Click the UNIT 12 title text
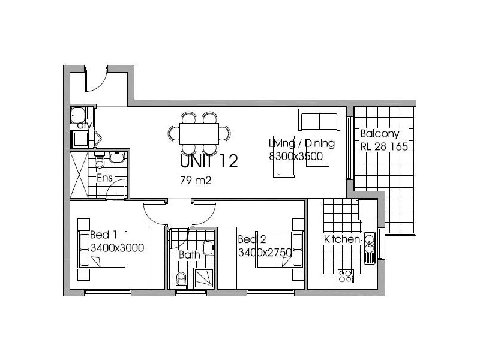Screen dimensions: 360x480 coord(209,161)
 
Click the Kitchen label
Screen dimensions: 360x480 coord(342,239)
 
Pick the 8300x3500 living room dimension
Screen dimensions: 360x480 coord(296,157)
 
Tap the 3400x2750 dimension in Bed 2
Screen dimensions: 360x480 coord(265,253)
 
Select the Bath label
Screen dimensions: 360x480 coord(189,255)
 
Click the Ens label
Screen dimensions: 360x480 coord(104,178)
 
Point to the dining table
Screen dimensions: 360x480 coord(199,132)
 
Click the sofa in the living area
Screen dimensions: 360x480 coord(319,120)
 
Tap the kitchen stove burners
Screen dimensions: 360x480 coord(346,276)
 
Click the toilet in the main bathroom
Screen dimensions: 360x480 coord(181,279)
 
